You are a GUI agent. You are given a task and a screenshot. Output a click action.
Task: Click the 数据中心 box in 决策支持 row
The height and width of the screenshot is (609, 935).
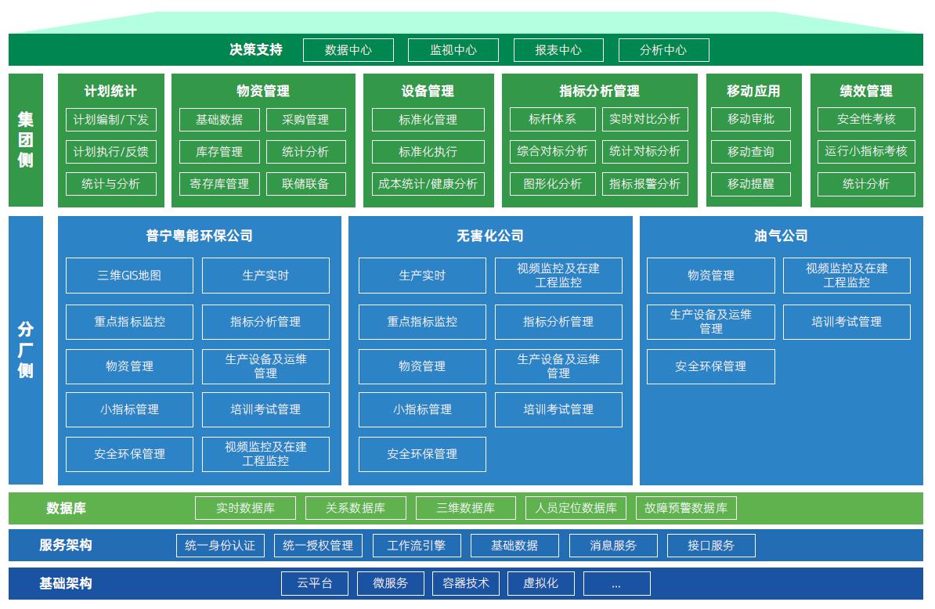[348, 50]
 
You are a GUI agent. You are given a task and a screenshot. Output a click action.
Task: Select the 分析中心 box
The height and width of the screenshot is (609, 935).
[663, 50]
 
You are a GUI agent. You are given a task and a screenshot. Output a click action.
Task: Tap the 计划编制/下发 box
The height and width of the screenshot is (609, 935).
[110, 120]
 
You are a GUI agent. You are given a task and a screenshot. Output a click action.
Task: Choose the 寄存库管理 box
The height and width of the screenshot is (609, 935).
[219, 184]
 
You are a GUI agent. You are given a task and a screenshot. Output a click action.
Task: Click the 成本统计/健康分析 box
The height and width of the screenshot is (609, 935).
[428, 184]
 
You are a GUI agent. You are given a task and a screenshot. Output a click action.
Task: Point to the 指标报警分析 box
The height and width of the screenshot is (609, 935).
[644, 184]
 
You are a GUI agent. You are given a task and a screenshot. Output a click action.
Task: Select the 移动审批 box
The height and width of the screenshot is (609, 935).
[750, 120]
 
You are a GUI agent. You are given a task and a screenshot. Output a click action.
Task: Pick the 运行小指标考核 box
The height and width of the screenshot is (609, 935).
[865, 151]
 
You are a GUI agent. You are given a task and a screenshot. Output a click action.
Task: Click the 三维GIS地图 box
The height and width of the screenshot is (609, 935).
[129, 276]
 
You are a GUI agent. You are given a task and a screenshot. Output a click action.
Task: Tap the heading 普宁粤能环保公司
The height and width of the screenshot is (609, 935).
[199, 236]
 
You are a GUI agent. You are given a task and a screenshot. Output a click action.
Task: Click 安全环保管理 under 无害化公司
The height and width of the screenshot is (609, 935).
[422, 454]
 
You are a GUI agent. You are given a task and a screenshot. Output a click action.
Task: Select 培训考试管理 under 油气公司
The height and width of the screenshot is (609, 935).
[847, 322]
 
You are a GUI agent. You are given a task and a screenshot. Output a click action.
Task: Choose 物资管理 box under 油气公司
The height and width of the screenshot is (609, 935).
[710, 276]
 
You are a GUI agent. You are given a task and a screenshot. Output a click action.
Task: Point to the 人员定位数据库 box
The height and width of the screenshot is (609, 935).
[576, 508]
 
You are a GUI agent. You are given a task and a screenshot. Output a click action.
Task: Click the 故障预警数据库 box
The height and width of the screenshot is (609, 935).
[686, 508]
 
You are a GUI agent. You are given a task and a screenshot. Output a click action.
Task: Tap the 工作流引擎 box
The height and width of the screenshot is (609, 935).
[416, 546]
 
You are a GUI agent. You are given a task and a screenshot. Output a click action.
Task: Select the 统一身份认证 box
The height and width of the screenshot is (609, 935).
[220, 546]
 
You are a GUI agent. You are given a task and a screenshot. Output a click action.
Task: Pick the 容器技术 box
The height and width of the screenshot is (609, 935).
[465, 583]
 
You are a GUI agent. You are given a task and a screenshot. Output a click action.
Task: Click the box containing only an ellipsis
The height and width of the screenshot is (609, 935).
[616, 583]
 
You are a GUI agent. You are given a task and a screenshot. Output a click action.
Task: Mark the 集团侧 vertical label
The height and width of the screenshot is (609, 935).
[26, 140]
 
